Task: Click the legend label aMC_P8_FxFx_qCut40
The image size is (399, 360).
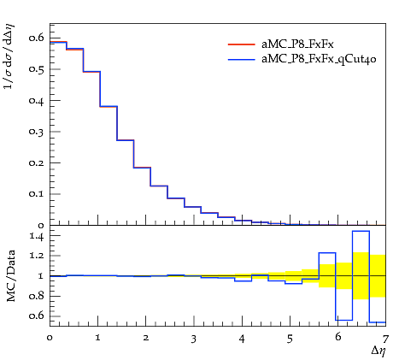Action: (x=319, y=59)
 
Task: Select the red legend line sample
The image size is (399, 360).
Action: (x=241, y=44)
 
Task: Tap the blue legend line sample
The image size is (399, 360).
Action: (x=241, y=59)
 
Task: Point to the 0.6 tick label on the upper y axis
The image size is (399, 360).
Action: (x=37, y=38)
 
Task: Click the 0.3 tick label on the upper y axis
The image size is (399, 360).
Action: (x=37, y=132)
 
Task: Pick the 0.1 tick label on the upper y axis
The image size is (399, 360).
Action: (x=37, y=194)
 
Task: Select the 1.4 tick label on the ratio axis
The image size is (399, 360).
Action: (x=37, y=236)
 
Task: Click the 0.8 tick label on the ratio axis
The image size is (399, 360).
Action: (x=37, y=296)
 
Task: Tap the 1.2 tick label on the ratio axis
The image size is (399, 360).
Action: (x=37, y=256)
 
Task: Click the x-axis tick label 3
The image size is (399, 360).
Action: (x=194, y=339)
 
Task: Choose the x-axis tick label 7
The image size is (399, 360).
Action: (x=385, y=339)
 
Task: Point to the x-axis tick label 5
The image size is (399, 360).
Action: (x=290, y=339)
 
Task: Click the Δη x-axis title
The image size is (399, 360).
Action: (x=378, y=351)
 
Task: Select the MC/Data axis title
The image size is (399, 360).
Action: (x=11, y=275)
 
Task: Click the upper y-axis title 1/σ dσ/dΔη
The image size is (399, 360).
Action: (x=9, y=56)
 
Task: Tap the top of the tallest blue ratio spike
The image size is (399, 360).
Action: (x=361, y=231)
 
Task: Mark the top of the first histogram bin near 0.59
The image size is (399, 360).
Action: (x=58, y=42)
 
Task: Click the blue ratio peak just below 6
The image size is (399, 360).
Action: (x=327, y=253)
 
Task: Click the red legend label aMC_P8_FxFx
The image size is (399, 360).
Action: (x=297, y=44)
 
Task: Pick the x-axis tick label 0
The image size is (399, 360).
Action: (x=50, y=338)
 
